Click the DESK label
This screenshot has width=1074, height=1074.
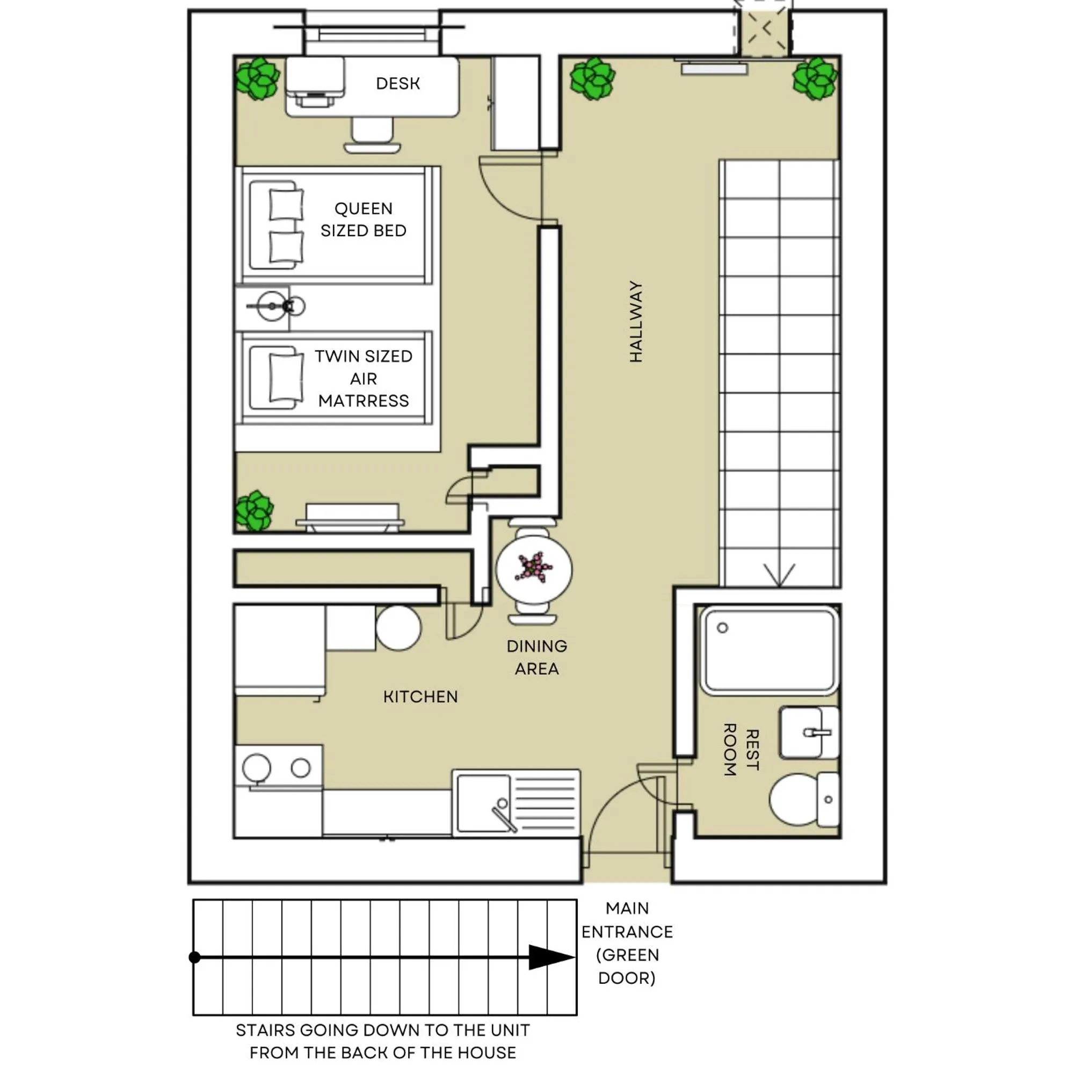click(x=397, y=83)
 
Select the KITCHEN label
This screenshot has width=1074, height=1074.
click(x=420, y=696)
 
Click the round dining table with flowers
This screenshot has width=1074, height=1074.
click(x=534, y=568)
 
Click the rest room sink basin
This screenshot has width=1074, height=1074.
click(x=803, y=732)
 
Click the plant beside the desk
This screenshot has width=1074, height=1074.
click(x=257, y=78)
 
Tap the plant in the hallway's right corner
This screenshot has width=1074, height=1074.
click(x=815, y=78)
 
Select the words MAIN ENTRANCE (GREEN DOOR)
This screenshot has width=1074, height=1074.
click(x=627, y=943)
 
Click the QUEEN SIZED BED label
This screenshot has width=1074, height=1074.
click(x=363, y=220)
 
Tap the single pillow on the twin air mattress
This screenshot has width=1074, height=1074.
click(x=286, y=378)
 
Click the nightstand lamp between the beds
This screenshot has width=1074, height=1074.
click(x=272, y=306)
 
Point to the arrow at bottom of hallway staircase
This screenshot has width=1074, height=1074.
click(x=779, y=575)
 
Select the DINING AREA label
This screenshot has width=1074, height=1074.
click(x=536, y=657)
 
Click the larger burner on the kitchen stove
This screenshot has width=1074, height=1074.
click(x=256, y=768)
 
